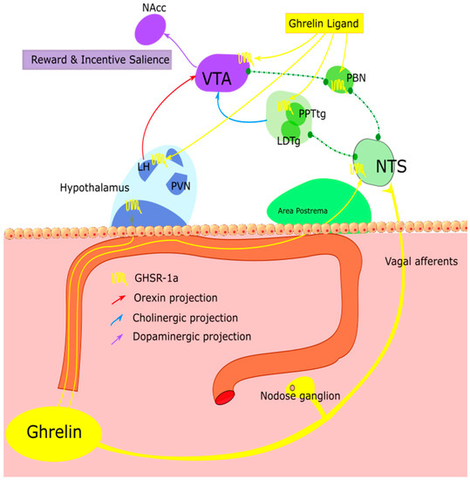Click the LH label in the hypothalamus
(143, 166)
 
